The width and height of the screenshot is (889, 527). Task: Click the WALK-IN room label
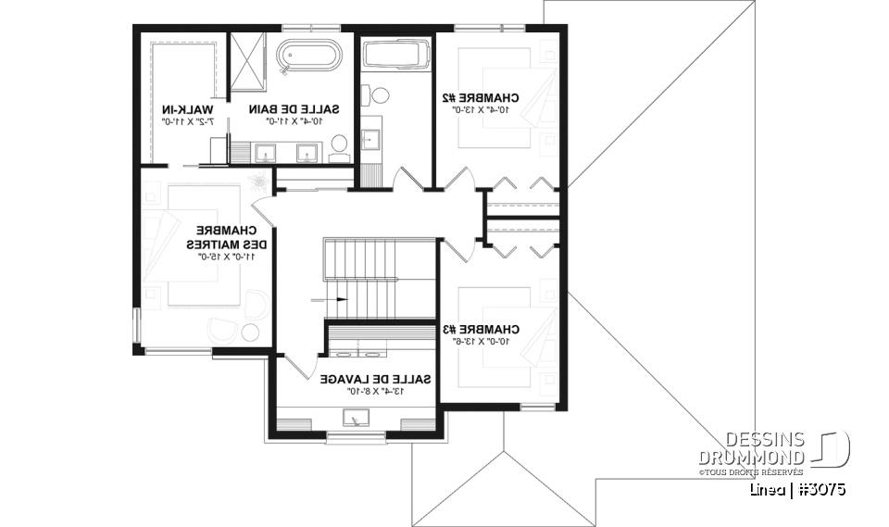click(188, 108)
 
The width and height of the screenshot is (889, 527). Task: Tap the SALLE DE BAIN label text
click(301, 108)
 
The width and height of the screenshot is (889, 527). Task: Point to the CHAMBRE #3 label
click(481, 329)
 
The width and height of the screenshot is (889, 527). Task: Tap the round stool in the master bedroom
click(250, 334)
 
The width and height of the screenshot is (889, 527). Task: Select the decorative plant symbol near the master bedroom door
click(258, 176)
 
